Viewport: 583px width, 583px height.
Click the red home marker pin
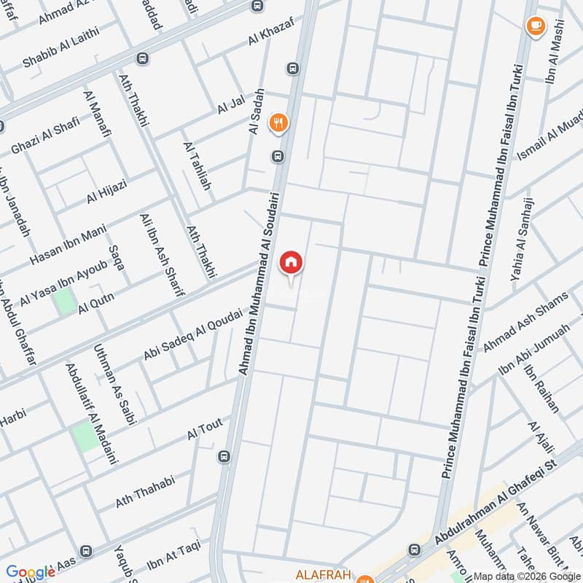(x=291, y=262)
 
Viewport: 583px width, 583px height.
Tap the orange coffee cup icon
(x=536, y=26)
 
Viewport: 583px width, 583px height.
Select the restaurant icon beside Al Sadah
(x=278, y=122)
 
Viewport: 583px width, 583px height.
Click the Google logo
(x=31, y=572)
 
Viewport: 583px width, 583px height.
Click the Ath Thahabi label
(x=145, y=492)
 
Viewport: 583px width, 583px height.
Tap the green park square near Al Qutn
(x=66, y=301)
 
